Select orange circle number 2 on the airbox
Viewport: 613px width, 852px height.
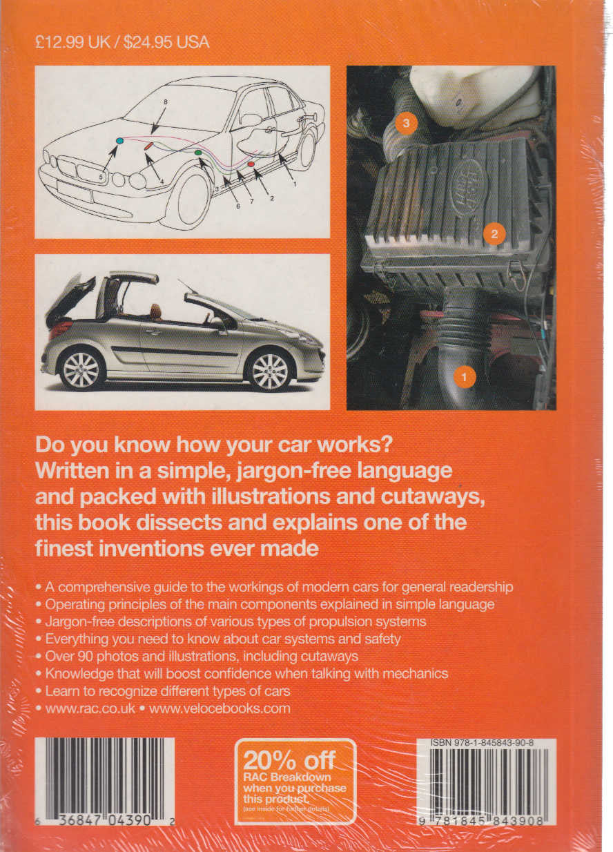pyautogui.click(x=494, y=233)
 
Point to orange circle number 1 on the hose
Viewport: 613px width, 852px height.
pyautogui.click(x=464, y=377)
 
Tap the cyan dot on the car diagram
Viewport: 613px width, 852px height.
pyautogui.click(x=119, y=140)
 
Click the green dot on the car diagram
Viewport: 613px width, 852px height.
pyautogui.click(x=198, y=152)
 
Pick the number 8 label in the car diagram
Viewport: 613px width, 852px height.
pyautogui.click(x=166, y=102)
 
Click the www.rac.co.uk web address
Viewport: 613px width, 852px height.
pyautogui.click(x=88, y=708)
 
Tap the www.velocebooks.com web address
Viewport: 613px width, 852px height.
pyautogui.click(x=220, y=708)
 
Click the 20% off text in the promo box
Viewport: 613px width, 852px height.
pyautogui.click(x=289, y=760)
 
